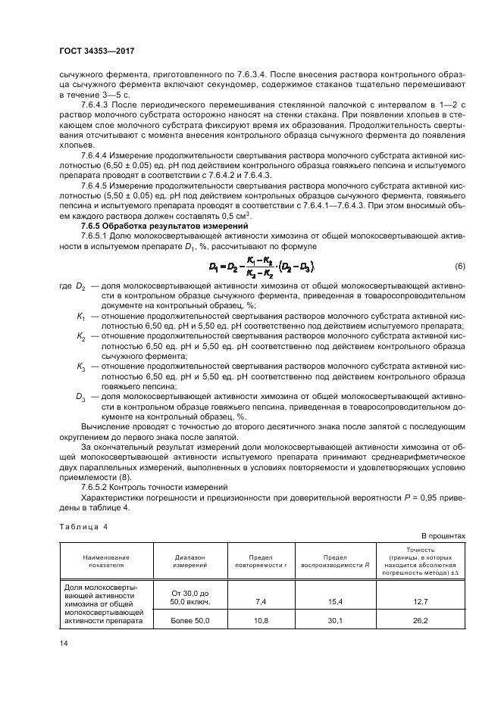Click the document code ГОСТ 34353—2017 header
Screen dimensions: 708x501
[101, 52]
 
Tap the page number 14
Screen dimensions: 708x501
[64, 643]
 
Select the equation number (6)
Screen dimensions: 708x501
[460, 267]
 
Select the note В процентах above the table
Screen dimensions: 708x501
[443, 535]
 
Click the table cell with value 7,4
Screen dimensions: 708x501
[262, 601]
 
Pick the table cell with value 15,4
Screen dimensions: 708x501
[335, 601]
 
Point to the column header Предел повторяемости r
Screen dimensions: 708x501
[262, 560]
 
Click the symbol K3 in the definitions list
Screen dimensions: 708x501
[80, 366]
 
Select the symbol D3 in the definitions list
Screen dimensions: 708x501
[80, 396]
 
